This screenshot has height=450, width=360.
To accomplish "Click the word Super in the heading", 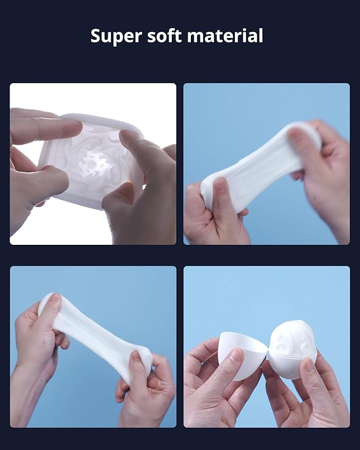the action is pos(116,36).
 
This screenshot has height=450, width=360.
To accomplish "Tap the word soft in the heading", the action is pos(164,36).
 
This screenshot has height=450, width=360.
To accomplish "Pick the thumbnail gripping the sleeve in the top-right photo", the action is pos(221,186).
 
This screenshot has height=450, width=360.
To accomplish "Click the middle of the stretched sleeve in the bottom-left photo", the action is pos(95,337).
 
